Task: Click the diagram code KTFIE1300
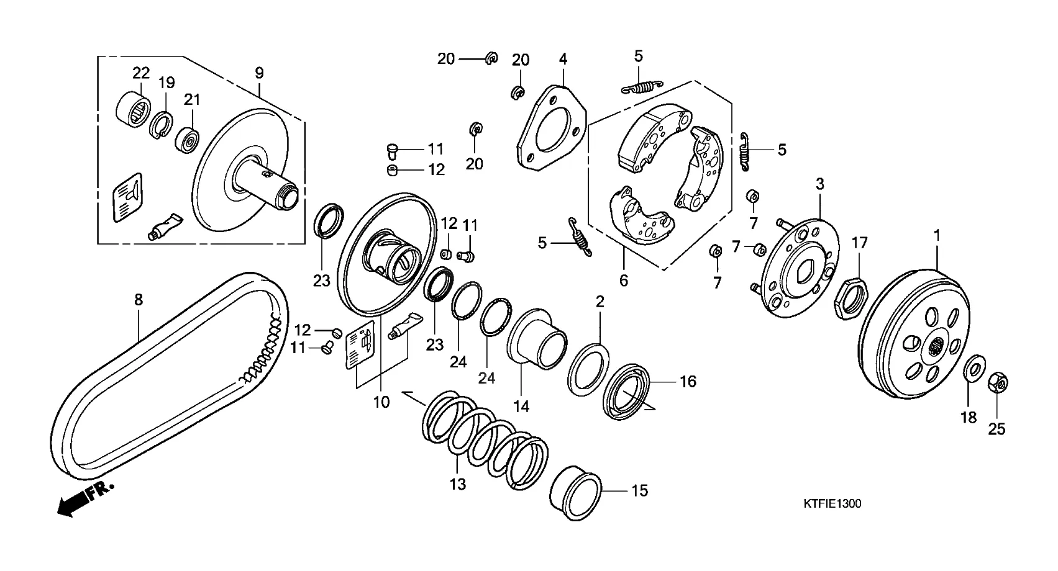click(x=832, y=504)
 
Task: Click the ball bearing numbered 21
click(x=187, y=139)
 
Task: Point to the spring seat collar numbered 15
click(x=575, y=493)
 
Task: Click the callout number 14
click(x=521, y=406)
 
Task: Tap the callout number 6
click(x=624, y=281)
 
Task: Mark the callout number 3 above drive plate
click(x=820, y=184)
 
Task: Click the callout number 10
click(x=381, y=402)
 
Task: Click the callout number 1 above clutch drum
click(x=937, y=235)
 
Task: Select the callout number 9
click(x=259, y=73)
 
